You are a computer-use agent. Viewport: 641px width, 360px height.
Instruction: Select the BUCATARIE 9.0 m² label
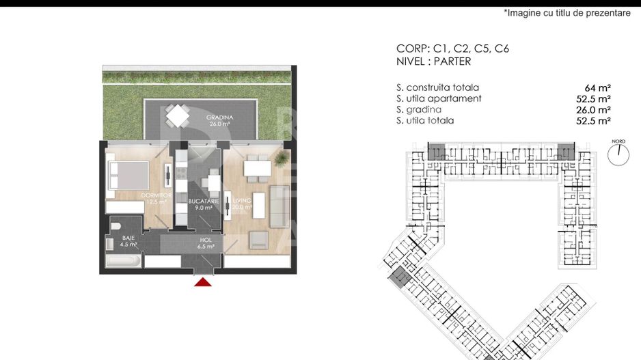(x=204, y=205)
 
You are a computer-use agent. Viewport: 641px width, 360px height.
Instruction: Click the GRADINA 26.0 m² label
(x=219, y=120)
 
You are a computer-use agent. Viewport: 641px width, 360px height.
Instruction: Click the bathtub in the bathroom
(x=124, y=261)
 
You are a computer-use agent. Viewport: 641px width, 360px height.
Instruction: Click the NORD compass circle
(x=618, y=154)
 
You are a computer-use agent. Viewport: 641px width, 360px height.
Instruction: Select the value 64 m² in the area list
(x=597, y=88)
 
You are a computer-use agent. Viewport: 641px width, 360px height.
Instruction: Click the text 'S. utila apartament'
(x=439, y=98)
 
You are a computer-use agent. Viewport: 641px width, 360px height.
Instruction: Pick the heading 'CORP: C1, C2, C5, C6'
(x=452, y=49)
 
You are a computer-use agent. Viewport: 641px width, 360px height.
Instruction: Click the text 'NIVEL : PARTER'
(x=433, y=61)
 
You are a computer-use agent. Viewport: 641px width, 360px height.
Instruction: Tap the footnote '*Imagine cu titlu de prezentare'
(x=567, y=13)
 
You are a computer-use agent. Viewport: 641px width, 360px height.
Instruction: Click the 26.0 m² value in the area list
(x=593, y=110)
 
